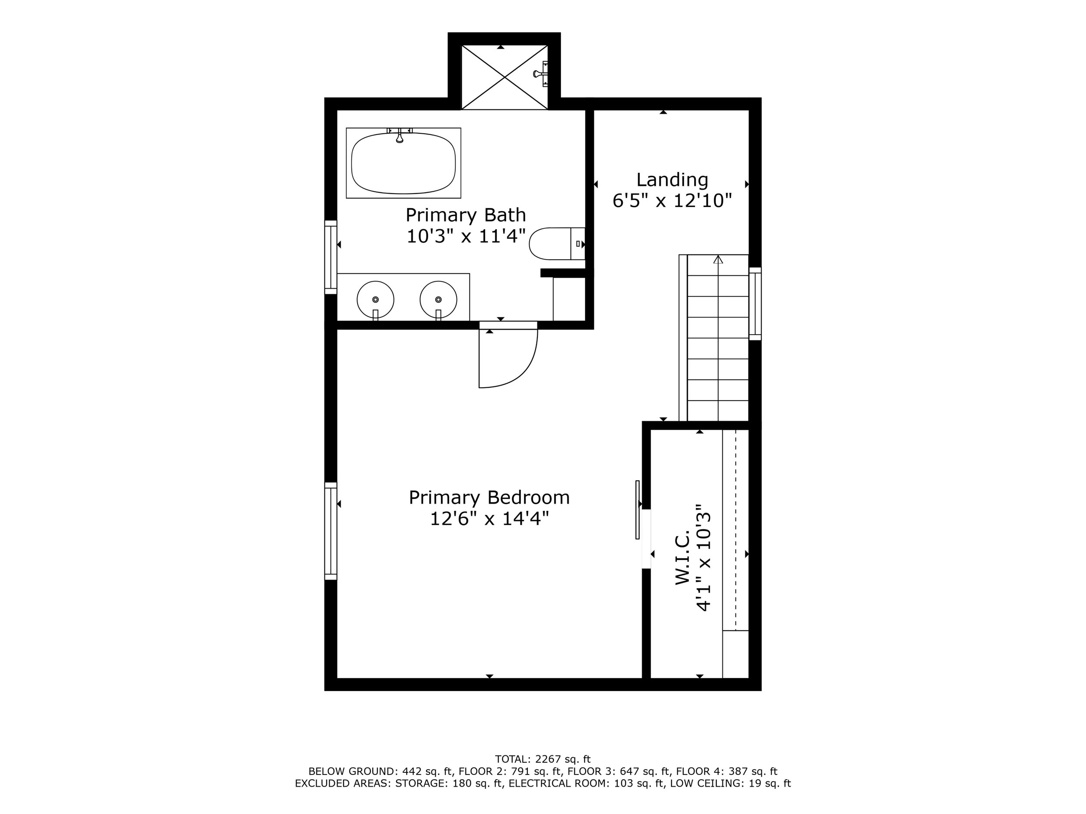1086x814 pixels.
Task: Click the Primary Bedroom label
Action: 489,498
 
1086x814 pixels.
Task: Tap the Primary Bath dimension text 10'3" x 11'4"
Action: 466,236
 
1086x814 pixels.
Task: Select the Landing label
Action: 672,180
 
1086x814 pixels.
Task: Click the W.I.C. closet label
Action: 682,557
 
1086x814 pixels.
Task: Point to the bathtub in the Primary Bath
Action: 403,163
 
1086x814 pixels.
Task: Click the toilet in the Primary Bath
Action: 557,244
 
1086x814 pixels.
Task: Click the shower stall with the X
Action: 505,77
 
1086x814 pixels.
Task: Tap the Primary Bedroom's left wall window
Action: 331,531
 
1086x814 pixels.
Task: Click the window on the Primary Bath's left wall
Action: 331,257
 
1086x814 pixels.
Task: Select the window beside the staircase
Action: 755,304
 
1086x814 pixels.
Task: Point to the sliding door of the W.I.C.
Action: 638,510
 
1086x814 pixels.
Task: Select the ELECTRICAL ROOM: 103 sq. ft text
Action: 587,784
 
